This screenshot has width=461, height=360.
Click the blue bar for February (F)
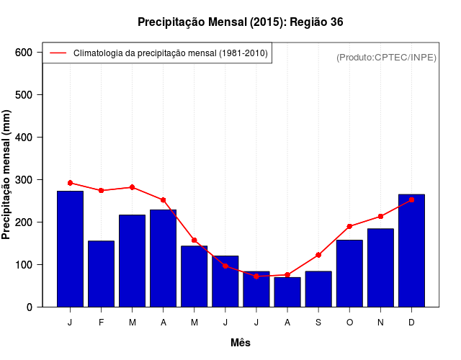(101, 274)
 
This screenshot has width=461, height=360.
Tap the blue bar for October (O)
(349, 273)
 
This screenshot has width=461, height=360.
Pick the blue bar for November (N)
(380, 267)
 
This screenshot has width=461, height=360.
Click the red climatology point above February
(101, 190)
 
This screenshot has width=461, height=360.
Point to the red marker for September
(318, 255)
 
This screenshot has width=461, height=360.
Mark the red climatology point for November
(380, 216)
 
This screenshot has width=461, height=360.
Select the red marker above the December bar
(411, 199)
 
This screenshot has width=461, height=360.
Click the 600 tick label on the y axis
(24, 53)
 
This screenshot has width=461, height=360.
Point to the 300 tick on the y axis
(24, 180)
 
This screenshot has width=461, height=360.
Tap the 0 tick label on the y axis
(29, 307)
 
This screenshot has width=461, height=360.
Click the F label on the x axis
(101, 323)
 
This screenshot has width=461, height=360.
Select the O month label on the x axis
(349, 323)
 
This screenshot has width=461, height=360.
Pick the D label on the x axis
(411, 323)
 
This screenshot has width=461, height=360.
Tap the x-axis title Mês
(241, 343)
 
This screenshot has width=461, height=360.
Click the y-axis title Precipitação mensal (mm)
(7, 175)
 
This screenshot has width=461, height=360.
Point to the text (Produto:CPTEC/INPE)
(387, 57)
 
